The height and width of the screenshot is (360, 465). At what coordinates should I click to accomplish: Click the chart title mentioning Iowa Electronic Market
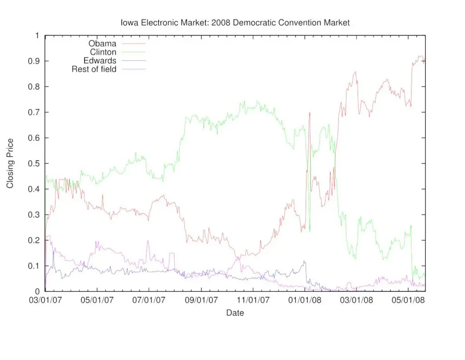(x=235, y=22)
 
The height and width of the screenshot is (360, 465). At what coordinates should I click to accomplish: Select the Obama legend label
(x=102, y=44)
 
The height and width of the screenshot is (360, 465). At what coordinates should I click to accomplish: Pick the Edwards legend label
(x=100, y=60)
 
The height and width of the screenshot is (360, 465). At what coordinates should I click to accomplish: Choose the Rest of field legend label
(x=94, y=69)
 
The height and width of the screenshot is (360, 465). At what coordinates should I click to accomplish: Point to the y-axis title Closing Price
(x=10, y=163)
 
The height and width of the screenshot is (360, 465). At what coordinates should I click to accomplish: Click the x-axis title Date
(x=235, y=313)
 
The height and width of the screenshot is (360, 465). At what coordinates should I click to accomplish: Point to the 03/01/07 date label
(x=45, y=300)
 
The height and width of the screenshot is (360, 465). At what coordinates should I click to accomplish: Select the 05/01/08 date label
(x=411, y=300)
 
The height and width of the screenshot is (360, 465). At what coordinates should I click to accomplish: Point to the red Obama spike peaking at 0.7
(x=310, y=113)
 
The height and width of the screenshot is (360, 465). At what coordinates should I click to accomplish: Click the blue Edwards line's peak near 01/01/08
(x=304, y=261)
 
